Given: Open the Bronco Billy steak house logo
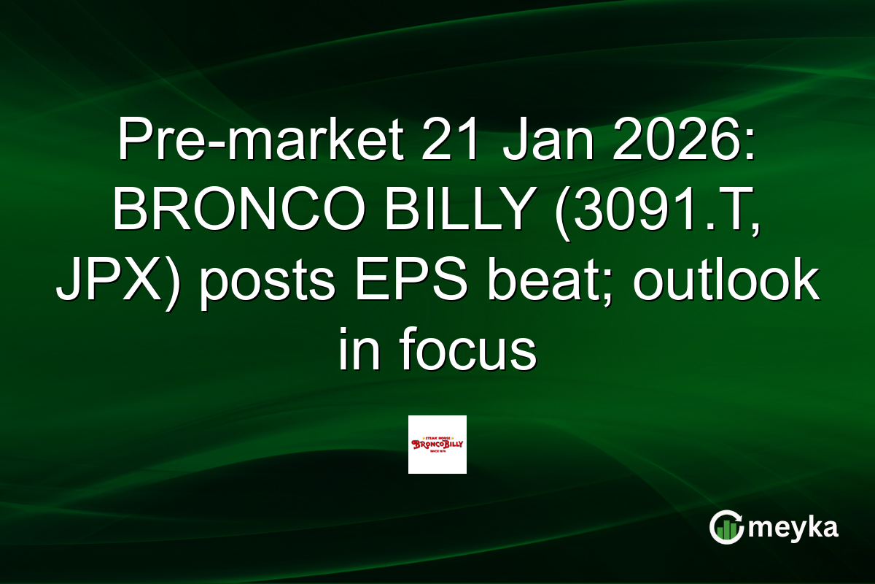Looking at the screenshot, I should click(x=437, y=445).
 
